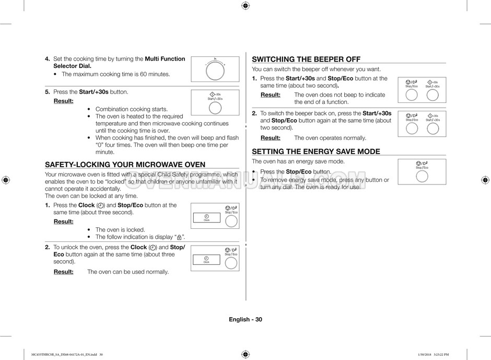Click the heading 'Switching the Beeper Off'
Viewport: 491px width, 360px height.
coord(306,60)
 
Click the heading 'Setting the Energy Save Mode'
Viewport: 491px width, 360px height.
coord(316,152)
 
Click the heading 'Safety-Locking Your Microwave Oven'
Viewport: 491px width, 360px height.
coord(125,165)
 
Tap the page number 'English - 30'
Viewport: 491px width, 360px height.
coord(245,319)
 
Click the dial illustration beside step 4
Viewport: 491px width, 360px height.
coord(215,69)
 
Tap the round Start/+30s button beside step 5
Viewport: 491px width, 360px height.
coord(215,108)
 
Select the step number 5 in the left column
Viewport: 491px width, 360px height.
coord(48,92)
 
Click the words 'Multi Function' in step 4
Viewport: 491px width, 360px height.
coord(165,59)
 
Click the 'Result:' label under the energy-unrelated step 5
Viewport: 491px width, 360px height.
coord(64,101)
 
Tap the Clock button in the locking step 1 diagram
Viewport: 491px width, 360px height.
coord(206,218)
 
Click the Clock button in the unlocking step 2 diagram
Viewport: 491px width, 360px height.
coord(206,260)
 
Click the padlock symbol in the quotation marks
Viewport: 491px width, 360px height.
coord(179,237)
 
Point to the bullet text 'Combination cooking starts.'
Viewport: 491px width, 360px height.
coord(132,109)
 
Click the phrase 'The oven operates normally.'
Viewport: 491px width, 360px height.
coord(330,138)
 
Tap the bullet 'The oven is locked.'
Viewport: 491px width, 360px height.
coord(120,229)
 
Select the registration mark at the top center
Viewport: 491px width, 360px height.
coord(245,6)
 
